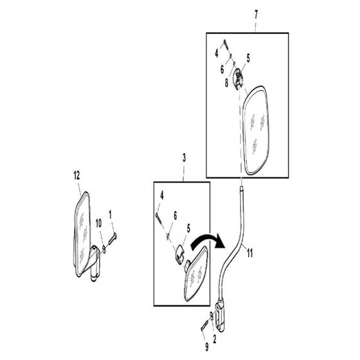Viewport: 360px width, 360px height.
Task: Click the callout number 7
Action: pos(256,15)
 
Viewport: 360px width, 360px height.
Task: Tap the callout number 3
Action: pos(184,158)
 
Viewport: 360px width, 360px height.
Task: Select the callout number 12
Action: pos(76,176)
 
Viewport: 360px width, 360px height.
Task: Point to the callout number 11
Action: pos(249,253)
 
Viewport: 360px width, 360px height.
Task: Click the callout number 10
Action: pos(98,223)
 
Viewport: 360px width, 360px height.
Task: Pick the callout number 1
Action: pos(110,215)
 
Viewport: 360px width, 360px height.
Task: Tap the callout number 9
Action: pos(207,346)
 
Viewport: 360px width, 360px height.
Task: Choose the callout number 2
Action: pos(215,339)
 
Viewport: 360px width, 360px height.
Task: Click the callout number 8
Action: pos(226,83)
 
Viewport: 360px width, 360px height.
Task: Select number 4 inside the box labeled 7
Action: pos(217,53)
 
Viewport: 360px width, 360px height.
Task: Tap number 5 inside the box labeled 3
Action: pos(188,229)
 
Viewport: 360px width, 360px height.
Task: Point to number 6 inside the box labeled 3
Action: pos(175,216)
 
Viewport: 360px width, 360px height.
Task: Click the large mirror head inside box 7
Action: pos(256,130)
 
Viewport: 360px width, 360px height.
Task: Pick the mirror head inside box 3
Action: pos(197,274)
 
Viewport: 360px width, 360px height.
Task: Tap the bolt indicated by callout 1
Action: pos(113,239)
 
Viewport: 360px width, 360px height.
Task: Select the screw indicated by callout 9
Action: pos(204,325)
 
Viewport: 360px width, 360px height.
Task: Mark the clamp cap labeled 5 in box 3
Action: pos(181,255)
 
